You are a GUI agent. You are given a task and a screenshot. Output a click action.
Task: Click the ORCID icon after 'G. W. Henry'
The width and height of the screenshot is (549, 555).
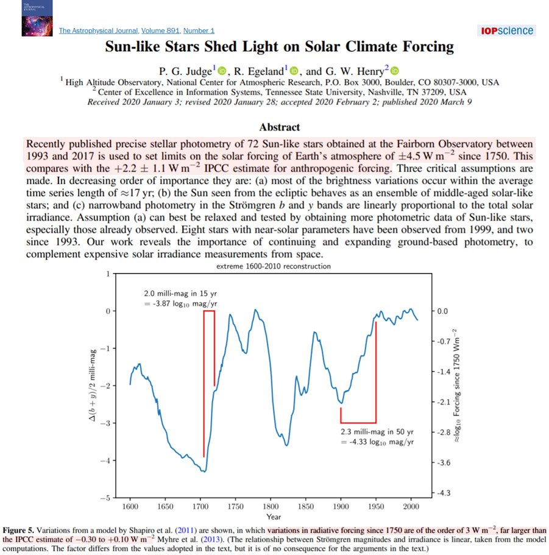pos(394,71)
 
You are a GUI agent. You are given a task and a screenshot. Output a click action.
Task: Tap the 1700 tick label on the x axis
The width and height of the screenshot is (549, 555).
pos(200,507)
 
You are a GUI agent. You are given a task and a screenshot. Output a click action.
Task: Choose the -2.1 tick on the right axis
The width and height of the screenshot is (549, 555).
pos(444,402)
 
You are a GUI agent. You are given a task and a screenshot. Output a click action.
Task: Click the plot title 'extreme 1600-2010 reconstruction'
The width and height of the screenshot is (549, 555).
pos(273,266)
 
